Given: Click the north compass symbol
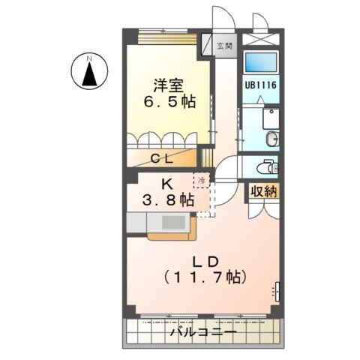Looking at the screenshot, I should point(88,73).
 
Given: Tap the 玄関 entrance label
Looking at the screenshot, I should point(224,46).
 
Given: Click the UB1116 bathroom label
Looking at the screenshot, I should point(260,85).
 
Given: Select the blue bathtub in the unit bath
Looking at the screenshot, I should point(261,62).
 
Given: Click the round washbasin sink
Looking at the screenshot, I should point(271,138).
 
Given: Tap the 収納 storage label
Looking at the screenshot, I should point(264,191).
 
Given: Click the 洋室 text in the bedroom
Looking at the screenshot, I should point(169,85).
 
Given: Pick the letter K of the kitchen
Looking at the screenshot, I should point(169,184).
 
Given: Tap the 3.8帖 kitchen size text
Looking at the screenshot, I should point(169,200).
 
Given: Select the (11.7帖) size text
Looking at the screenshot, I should point(203,277).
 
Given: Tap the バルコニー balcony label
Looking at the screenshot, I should point(203,331).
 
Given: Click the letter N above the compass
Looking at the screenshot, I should point(88,57).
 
